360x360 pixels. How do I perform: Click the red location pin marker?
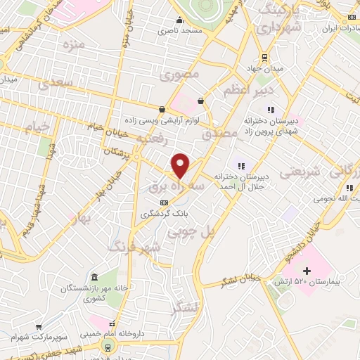[x=181, y=166]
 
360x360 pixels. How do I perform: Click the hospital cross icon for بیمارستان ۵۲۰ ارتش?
[x=307, y=270]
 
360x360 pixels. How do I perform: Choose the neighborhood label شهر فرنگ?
[x=134, y=247]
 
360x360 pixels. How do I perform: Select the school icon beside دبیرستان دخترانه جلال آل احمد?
[x=242, y=166]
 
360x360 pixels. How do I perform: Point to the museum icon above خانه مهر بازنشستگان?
[x=95, y=276]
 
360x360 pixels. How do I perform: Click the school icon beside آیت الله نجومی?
[x=349, y=188]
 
